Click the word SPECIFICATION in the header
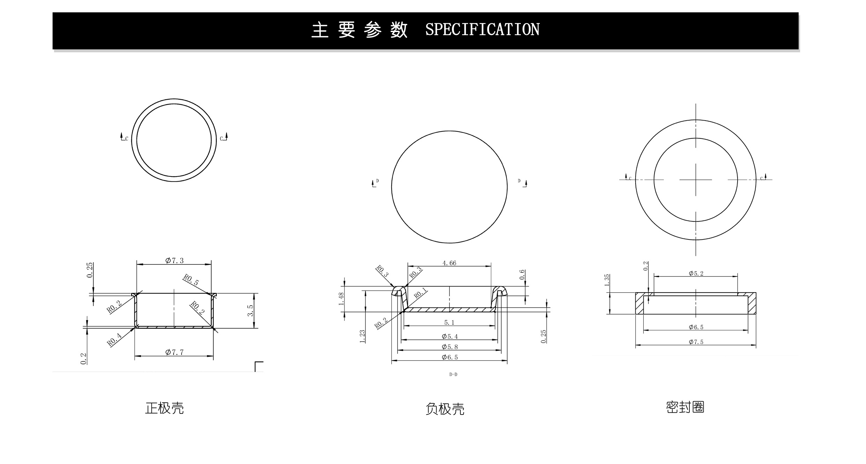coord(482,29)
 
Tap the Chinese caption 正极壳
coord(164,408)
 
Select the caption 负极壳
coord(445,409)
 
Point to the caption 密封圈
coord(685,407)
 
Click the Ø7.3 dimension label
coord(174,260)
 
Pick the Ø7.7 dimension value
coord(174,352)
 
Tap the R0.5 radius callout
coord(191,280)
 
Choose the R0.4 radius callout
coord(114,340)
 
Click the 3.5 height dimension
coord(250,311)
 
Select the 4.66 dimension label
coord(449,263)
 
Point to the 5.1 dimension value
coord(449,322)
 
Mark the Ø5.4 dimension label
coord(450,336)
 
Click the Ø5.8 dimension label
coord(450,347)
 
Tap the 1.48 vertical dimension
coord(341,299)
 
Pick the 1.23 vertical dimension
coord(362,336)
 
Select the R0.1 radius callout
coord(420,293)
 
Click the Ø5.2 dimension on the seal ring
coord(696,274)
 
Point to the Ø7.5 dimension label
coord(696,342)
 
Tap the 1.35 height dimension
coord(607,280)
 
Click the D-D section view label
coord(453,374)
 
